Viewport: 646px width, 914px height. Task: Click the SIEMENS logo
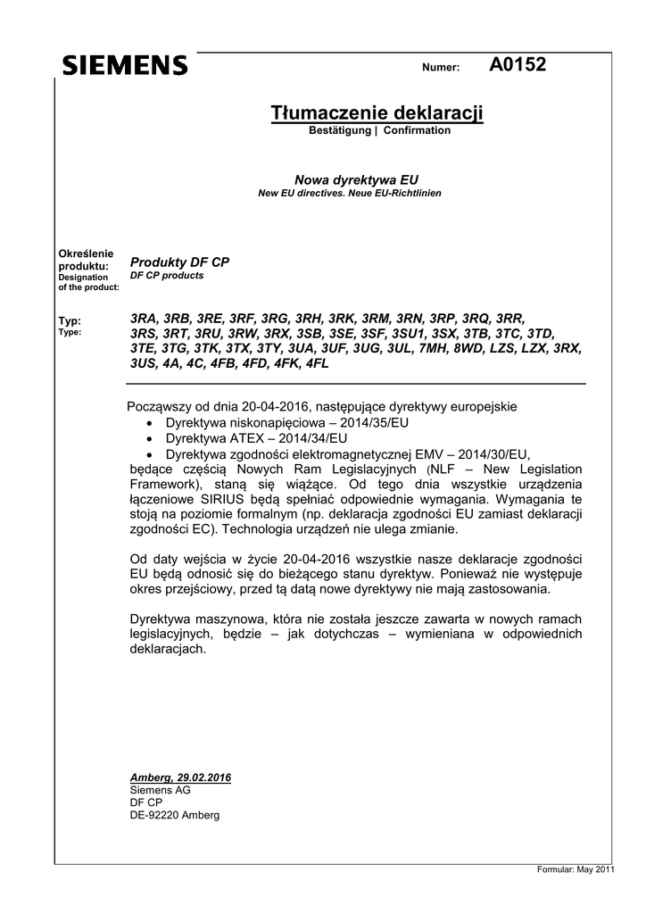click(x=125, y=65)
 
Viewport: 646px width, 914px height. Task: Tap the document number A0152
click(x=518, y=63)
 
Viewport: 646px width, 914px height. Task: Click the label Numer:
click(x=440, y=68)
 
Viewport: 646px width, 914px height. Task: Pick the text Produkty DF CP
click(x=179, y=262)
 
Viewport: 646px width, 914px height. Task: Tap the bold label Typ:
click(x=69, y=320)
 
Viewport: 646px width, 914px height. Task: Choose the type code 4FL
click(x=316, y=364)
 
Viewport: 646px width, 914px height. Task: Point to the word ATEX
click(x=244, y=438)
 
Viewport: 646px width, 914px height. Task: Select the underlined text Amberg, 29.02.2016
click(x=180, y=777)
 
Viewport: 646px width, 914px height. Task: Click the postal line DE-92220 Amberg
click(x=174, y=815)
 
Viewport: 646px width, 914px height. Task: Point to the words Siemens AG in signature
click(x=160, y=790)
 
